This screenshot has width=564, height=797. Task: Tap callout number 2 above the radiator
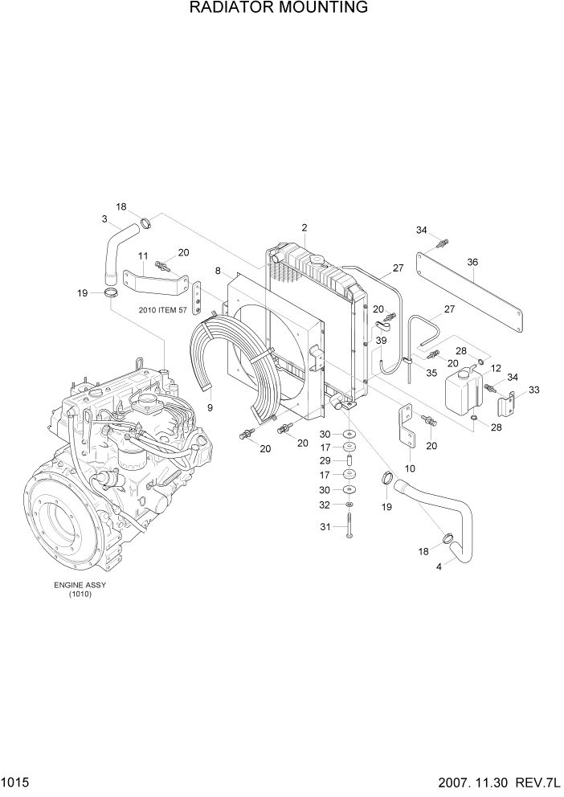pyautogui.click(x=304, y=227)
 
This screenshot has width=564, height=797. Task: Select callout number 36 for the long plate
pyautogui.click(x=472, y=262)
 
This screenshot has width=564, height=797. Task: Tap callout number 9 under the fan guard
pyautogui.click(x=210, y=407)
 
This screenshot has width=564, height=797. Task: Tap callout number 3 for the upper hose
pyautogui.click(x=105, y=219)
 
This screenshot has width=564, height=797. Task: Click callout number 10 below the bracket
pyautogui.click(x=409, y=468)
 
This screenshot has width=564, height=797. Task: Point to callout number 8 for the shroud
pyautogui.click(x=218, y=271)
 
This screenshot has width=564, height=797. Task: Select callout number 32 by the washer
pyautogui.click(x=324, y=505)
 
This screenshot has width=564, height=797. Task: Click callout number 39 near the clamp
pyautogui.click(x=381, y=341)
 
